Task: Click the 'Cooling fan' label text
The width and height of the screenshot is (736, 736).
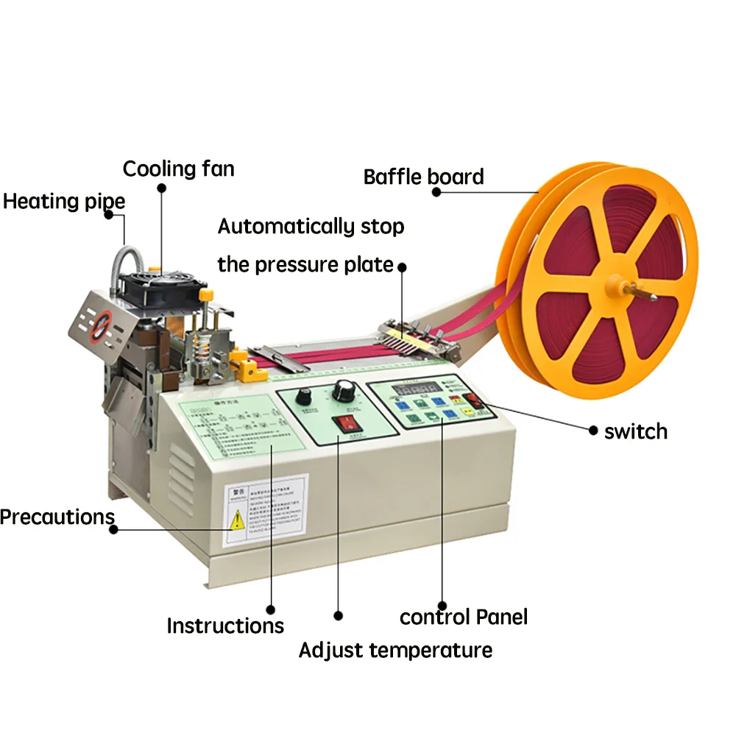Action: click(x=178, y=169)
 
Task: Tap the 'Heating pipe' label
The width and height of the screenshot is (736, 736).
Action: click(x=64, y=201)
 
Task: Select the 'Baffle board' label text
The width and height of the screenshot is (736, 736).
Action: click(x=423, y=177)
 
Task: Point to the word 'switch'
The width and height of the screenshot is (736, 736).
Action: click(x=635, y=431)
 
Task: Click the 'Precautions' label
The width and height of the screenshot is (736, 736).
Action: click(x=57, y=517)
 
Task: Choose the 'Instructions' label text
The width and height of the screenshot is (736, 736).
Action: click(x=224, y=626)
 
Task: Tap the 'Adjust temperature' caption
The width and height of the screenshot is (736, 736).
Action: click(x=395, y=651)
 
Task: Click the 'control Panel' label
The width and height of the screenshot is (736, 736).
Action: click(x=463, y=617)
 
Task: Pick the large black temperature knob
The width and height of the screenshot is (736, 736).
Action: click(x=343, y=391)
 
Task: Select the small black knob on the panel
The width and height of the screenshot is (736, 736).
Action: click(x=302, y=397)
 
